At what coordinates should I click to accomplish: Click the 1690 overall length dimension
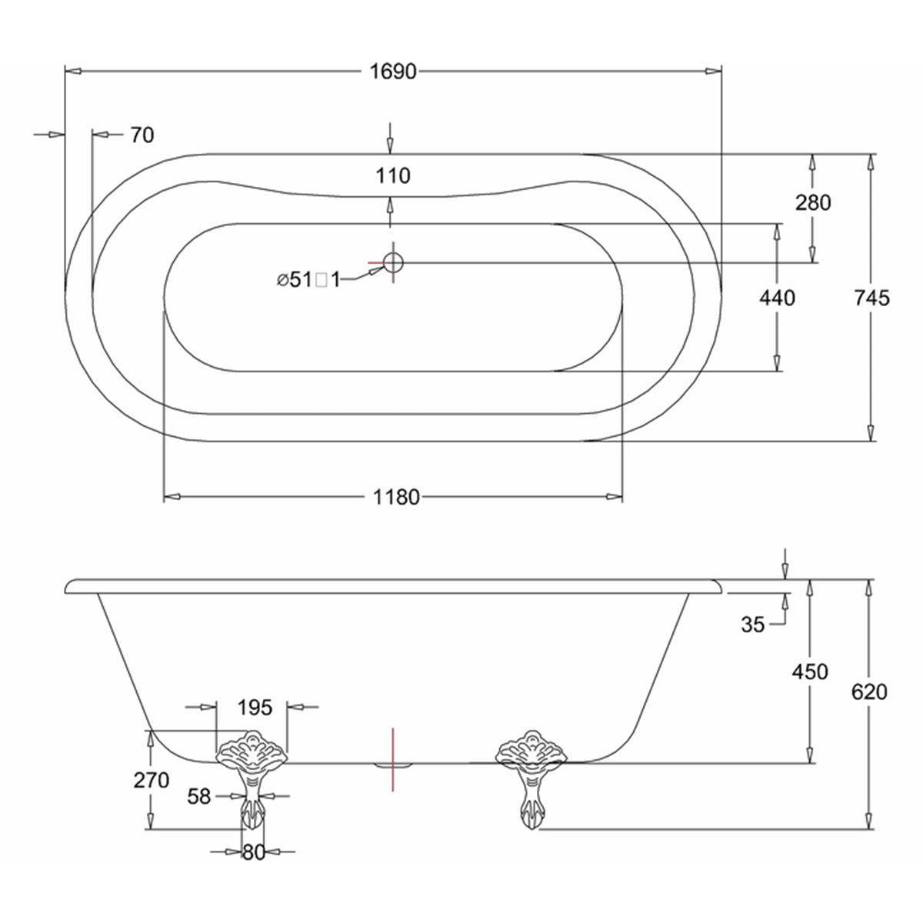point(392,72)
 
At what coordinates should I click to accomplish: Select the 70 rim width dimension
point(142,135)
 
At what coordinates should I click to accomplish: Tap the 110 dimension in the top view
point(393,176)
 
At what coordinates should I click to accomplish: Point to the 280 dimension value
point(814,203)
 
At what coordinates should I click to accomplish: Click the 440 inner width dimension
point(777,298)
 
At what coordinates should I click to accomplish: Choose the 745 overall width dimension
point(871,298)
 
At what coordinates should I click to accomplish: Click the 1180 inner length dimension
point(396,498)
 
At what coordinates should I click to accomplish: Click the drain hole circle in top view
point(393,263)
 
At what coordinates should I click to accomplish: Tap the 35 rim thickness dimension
point(754,625)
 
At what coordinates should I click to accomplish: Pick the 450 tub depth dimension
point(810,671)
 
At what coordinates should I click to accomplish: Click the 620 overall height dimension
point(869,692)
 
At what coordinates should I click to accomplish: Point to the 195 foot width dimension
point(254,707)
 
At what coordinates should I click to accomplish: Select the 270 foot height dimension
point(152,780)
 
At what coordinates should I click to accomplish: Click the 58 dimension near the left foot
point(199,797)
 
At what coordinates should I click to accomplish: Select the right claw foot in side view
point(530,777)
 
